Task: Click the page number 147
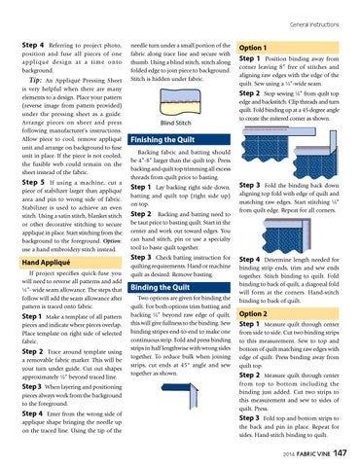pyautogui.click(x=340, y=452)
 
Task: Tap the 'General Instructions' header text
pyautogui.click(x=314, y=24)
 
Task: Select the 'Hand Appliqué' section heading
pyautogui.click(x=46, y=263)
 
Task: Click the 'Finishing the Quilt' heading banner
pyautogui.click(x=162, y=140)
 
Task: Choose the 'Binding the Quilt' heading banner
pyautogui.click(x=160, y=287)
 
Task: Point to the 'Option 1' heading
pyautogui.click(x=253, y=48)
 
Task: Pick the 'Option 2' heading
pyautogui.click(x=253, y=313)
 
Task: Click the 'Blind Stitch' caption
pyautogui.click(x=175, y=123)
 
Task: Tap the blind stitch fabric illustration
pyautogui.click(x=180, y=101)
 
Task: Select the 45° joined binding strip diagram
pyautogui.click(x=180, y=395)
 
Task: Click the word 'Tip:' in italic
pyautogui.click(x=35, y=80)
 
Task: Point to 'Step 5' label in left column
pyautogui.click(x=33, y=182)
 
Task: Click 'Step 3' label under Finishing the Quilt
pyautogui.click(x=141, y=257)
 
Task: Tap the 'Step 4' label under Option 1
pyautogui.click(x=249, y=260)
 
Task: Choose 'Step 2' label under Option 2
pyautogui.click(x=249, y=376)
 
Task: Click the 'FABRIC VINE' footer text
pyautogui.click(x=313, y=454)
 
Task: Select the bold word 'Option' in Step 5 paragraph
pyautogui.click(x=112, y=241)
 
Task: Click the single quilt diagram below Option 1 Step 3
pyautogui.click(x=287, y=235)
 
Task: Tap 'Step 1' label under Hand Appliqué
pyautogui.click(x=32, y=316)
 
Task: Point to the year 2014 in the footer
pyautogui.click(x=288, y=454)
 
